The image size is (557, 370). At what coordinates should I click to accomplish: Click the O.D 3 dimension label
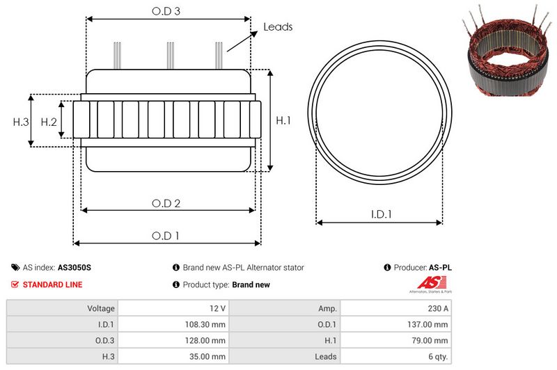166,11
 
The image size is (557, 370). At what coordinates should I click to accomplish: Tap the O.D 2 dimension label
166,203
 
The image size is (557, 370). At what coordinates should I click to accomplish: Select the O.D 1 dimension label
165,236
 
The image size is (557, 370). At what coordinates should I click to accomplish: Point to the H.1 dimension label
283,120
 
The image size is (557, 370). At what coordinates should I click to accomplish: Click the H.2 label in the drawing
49,122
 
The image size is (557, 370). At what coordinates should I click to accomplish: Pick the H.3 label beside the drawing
21,122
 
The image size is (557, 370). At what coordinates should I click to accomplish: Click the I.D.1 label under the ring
381,214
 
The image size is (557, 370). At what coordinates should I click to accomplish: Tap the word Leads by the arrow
278,27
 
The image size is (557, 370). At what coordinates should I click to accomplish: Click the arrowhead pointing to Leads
254,33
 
